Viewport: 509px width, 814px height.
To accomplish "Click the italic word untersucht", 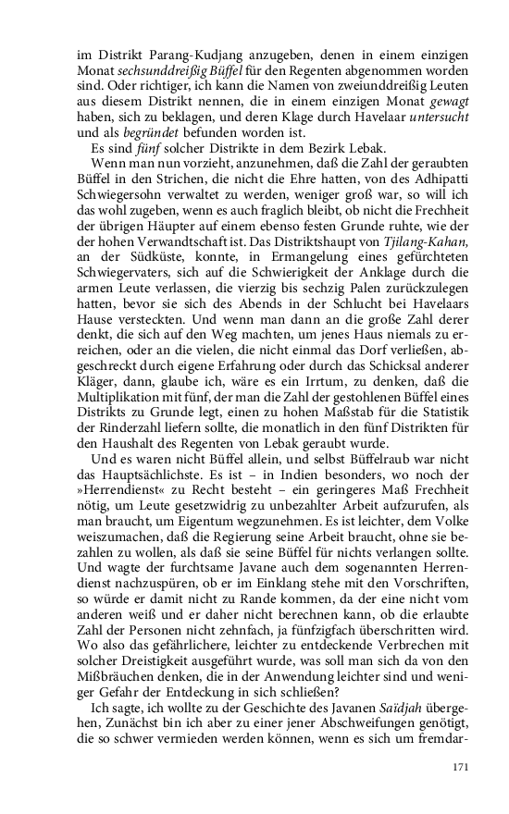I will coord(435,124).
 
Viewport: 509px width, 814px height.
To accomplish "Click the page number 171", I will coord(460,768).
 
